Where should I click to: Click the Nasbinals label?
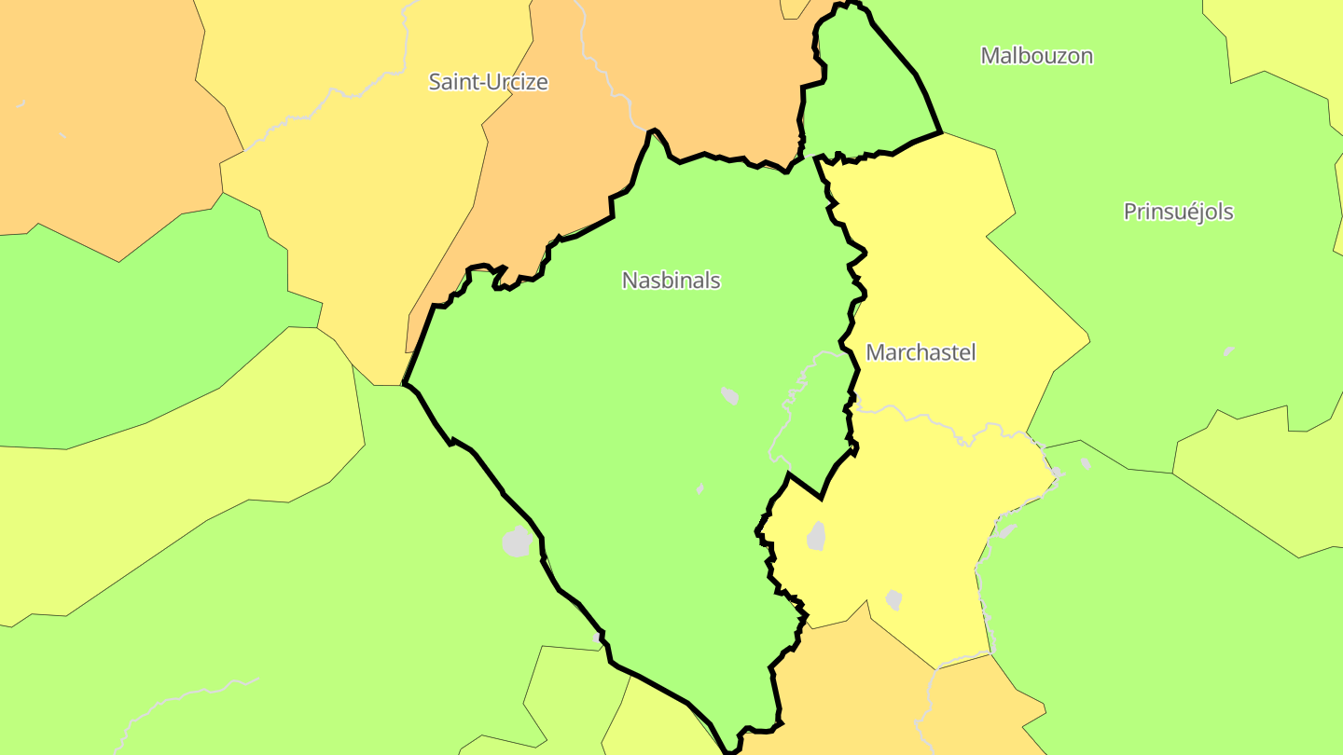click(671, 281)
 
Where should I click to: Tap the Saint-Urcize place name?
click(488, 82)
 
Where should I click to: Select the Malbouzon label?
click(1036, 56)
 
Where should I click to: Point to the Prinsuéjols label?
click(1178, 213)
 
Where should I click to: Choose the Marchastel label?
click(921, 353)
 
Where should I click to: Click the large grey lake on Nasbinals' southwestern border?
click(517, 542)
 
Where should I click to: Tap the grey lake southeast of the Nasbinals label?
click(729, 396)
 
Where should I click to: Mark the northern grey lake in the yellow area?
click(816, 536)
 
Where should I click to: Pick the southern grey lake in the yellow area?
click(893, 599)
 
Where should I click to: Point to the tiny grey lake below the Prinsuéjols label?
click(1228, 351)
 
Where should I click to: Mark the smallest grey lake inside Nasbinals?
click(699, 488)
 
